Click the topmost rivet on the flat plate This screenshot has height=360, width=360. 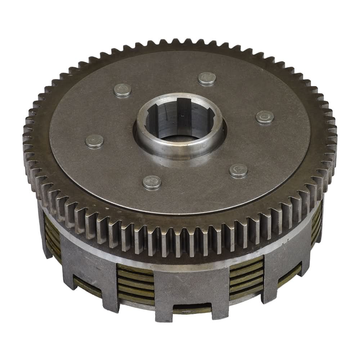207,78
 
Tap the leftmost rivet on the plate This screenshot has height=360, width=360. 94,141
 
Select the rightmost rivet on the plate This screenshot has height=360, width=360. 265,117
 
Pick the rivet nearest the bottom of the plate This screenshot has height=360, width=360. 152,182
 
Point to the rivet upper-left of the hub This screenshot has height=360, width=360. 122,90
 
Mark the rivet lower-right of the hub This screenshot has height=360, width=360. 239,170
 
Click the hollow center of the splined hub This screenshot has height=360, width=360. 180,124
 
